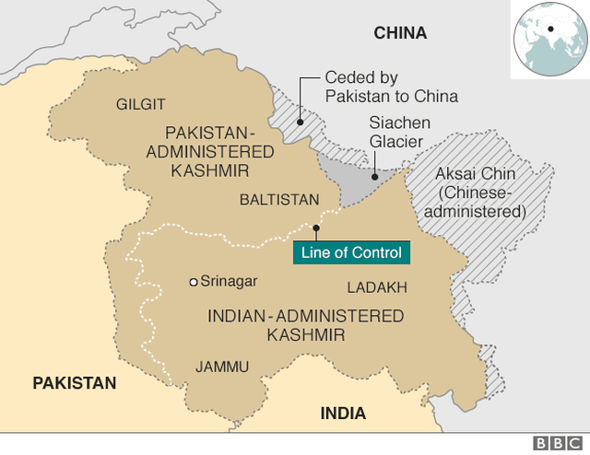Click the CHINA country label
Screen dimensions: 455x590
[x=400, y=33]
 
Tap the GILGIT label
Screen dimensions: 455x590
[x=140, y=104]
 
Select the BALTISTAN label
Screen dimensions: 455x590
[x=279, y=199]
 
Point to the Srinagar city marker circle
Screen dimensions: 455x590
[x=193, y=282]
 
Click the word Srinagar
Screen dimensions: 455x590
[x=230, y=282]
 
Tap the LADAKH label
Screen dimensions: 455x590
[x=377, y=287]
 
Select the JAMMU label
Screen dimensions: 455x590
[x=222, y=367]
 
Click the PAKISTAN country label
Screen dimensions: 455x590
[x=75, y=383]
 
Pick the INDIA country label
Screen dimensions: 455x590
[x=343, y=413]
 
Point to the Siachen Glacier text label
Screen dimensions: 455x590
[x=395, y=132]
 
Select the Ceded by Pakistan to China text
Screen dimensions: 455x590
[x=391, y=87]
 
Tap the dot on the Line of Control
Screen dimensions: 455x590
[x=315, y=227]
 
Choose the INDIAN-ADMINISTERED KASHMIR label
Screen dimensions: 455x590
[x=305, y=325]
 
